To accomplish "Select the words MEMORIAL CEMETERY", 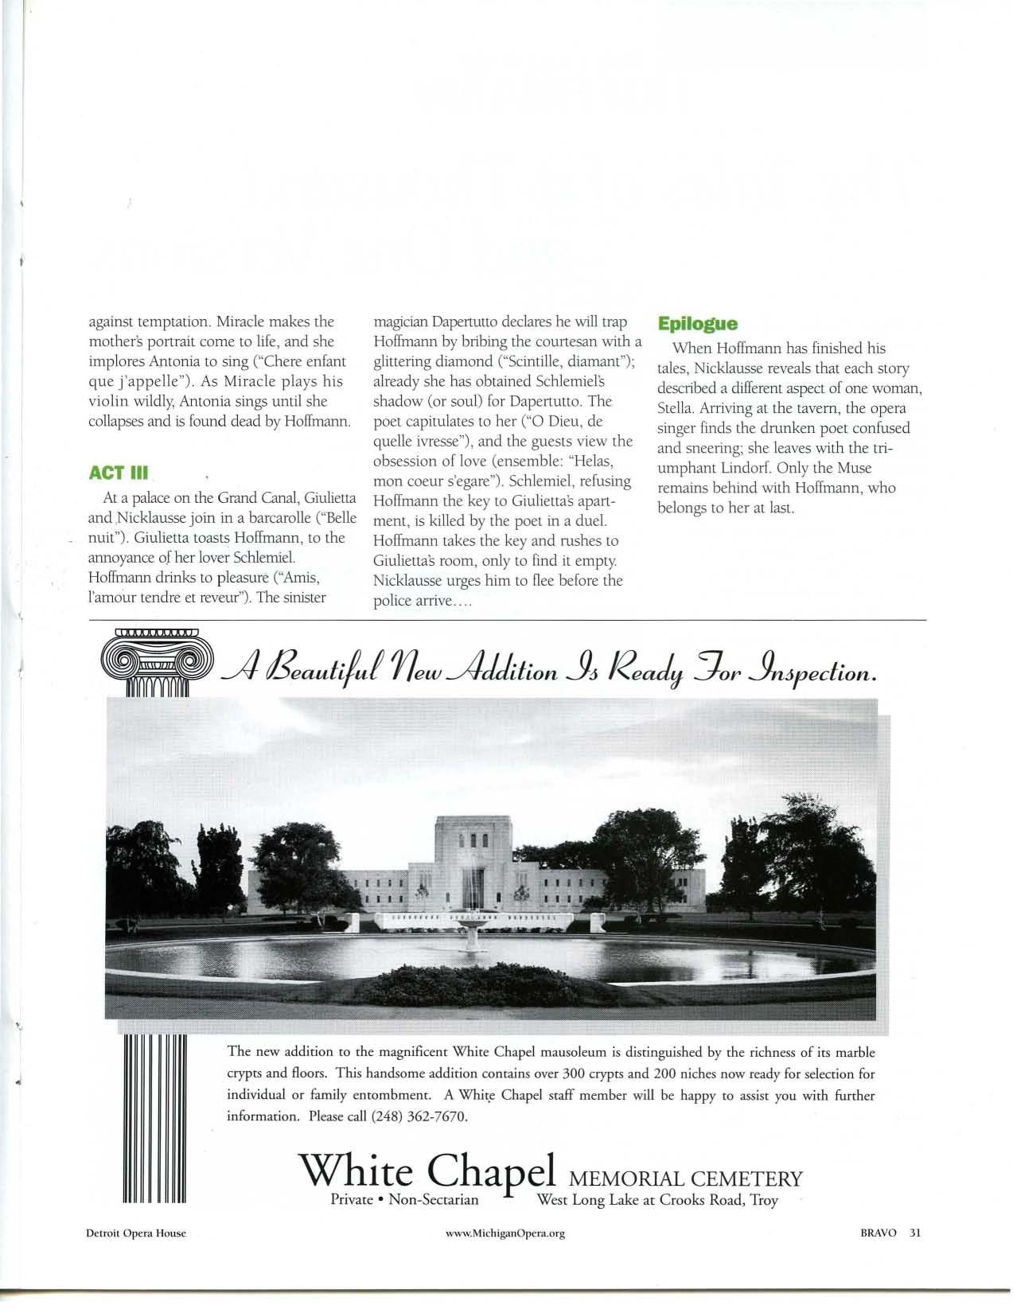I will (683, 1176).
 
